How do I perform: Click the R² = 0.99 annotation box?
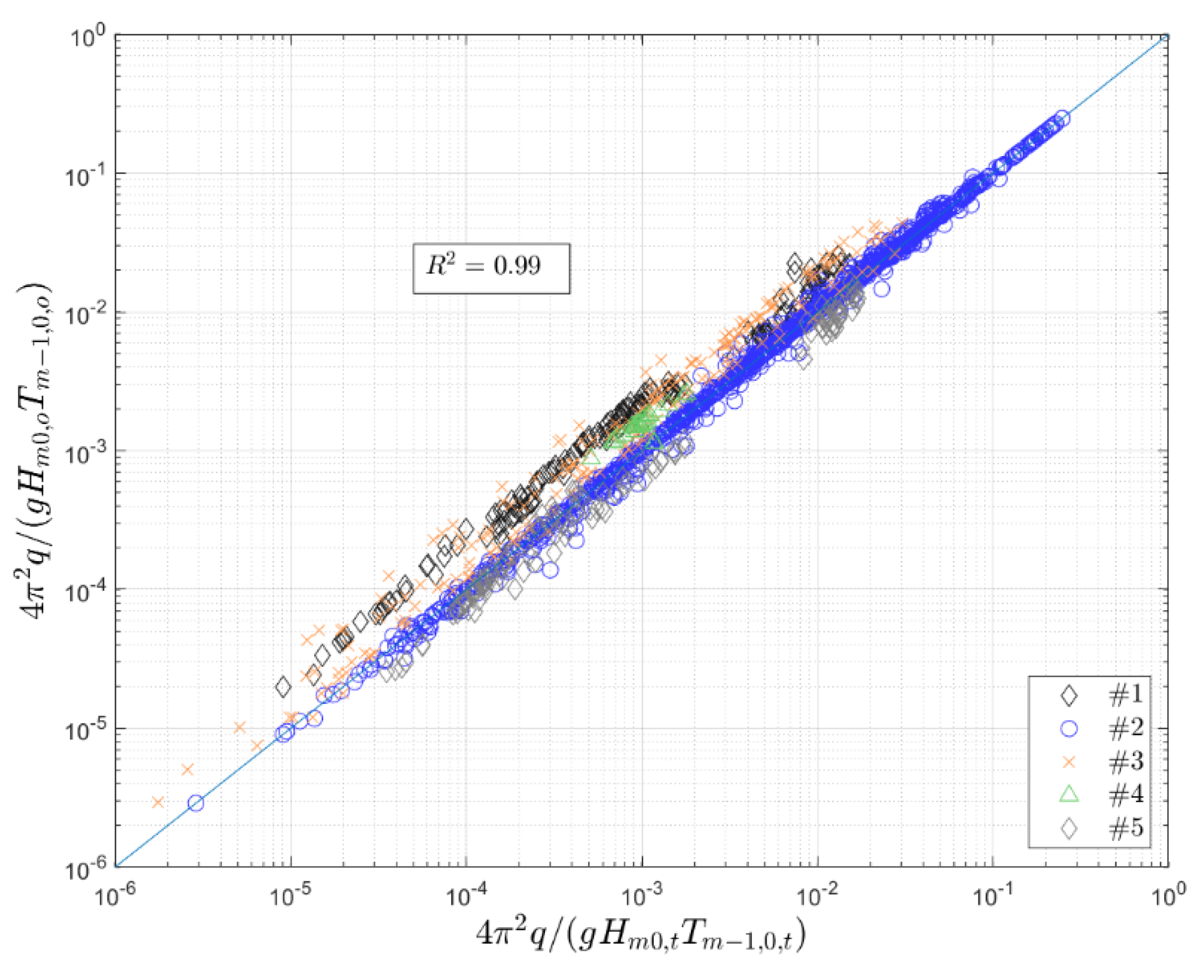click(x=491, y=268)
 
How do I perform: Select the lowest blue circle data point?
click(x=195, y=803)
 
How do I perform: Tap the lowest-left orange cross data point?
click(x=158, y=802)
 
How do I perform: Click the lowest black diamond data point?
click(x=283, y=687)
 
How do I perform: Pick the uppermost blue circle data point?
click(x=1062, y=117)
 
